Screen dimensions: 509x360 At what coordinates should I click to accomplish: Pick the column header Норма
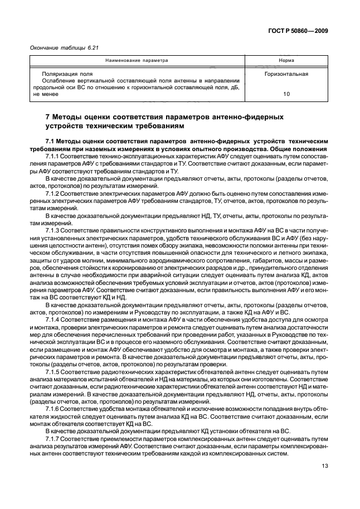tap(286, 60)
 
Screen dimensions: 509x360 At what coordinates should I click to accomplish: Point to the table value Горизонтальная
tap(286, 73)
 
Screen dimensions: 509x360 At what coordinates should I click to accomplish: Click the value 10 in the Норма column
tap(286, 94)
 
